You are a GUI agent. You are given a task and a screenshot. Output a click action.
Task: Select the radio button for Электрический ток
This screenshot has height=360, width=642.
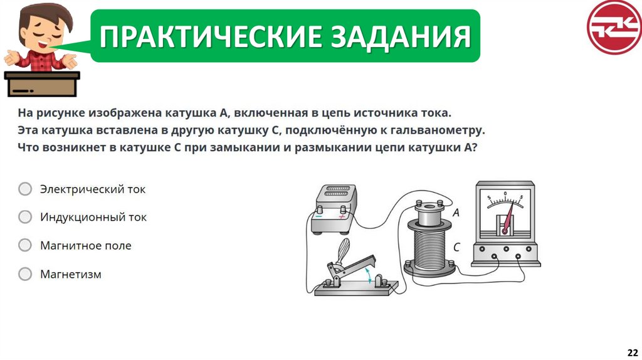pyautogui.click(x=25, y=189)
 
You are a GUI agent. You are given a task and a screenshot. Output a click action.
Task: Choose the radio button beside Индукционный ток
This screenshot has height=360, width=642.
pyautogui.click(x=25, y=216)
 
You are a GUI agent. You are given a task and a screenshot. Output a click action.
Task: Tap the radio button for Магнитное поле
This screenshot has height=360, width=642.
pyautogui.click(x=25, y=245)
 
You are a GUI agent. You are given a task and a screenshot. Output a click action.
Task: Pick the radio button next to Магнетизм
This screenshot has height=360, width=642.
pyautogui.click(x=25, y=273)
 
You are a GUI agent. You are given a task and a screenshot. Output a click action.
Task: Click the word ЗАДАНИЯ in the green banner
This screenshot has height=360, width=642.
pyautogui.click(x=401, y=36)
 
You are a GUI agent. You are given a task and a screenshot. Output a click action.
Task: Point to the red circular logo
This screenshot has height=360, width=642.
pyautogui.click(x=614, y=27)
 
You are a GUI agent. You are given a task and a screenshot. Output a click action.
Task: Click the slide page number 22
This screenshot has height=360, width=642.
pyautogui.click(x=633, y=352)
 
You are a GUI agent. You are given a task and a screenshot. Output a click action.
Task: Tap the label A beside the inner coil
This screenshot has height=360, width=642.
pyautogui.click(x=456, y=213)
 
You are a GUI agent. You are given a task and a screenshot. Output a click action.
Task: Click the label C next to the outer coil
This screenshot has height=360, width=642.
pyautogui.click(x=456, y=247)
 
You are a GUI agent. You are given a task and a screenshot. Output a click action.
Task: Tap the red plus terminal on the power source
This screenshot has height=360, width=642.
pyautogui.click(x=342, y=216)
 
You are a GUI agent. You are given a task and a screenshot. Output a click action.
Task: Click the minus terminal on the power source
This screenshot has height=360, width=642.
pyautogui.click(x=319, y=216)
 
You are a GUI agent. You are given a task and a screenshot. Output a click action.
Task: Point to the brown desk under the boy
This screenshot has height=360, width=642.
pyautogui.click(x=42, y=84)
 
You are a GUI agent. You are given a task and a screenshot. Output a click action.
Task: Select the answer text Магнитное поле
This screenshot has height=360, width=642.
pyautogui.click(x=85, y=245)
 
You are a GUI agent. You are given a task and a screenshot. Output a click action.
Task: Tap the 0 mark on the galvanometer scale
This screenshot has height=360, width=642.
pyautogui.click(x=505, y=193)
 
